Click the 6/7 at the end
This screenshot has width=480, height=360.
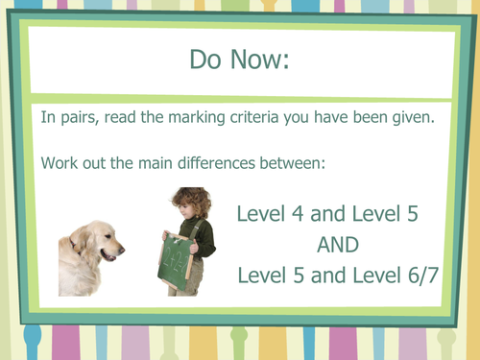click(x=420, y=276)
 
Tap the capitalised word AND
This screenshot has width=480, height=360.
click(x=336, y=245)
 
